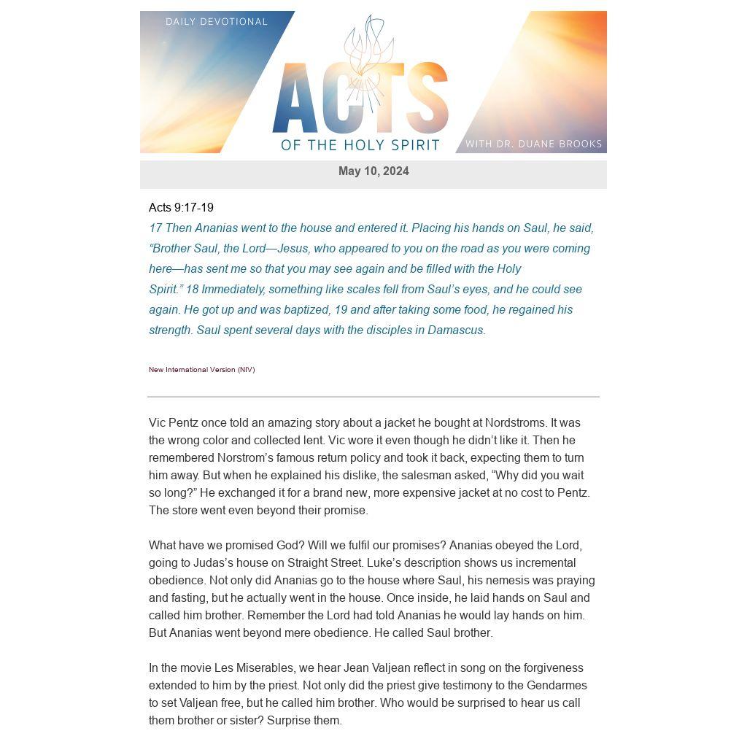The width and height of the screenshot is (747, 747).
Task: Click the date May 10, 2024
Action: (x=373, y=171)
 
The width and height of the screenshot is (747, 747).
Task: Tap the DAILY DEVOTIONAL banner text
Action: (x=217, y=22)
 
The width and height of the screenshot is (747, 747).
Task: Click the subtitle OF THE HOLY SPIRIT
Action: (x=360, y=144)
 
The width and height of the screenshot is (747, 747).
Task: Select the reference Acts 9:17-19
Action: (x=181, y=208)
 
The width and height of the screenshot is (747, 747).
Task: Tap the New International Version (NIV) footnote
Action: (x=202, y=370)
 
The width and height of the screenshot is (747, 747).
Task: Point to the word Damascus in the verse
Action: (x=455, y=330)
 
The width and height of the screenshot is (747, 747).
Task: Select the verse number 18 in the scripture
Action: (x=192, y=290)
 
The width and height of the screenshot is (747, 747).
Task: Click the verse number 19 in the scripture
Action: (x=339, y=310)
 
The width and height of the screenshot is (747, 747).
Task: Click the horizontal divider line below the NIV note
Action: (x=373, y=397)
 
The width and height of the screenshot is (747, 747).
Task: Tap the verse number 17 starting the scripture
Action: (x=155, y=228)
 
